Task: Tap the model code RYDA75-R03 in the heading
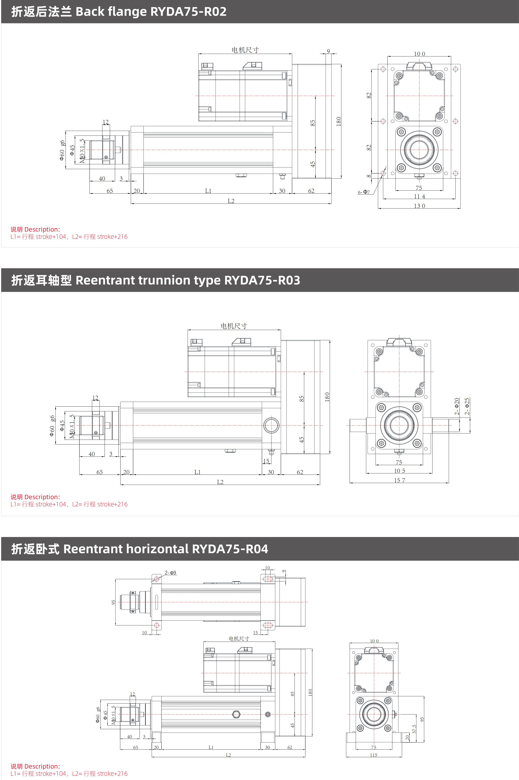(262, 280)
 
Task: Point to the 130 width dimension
(419, 206)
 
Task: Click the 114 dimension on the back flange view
(419, 196)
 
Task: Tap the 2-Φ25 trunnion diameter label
(467, 406)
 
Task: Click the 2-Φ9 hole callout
(171, 572)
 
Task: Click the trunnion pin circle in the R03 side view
(271, 425)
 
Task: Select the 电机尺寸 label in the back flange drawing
(245, 50)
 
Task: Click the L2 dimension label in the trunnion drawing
(220, 482)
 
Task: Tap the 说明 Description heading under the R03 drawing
(35, 497)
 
